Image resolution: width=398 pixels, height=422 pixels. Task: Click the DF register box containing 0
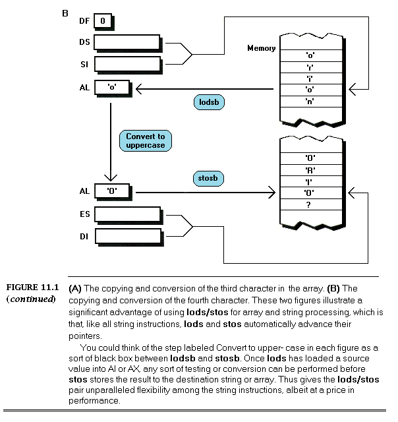tap(103, 21)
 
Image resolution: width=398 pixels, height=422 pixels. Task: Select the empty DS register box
tap(128, 42)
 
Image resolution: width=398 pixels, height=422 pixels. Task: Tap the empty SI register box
tap(128, 65)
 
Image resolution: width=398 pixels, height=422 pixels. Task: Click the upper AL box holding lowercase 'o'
tap(113, 87)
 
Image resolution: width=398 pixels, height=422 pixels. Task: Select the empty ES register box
tap(128, 214)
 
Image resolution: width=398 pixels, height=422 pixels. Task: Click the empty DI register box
tap(128, 235)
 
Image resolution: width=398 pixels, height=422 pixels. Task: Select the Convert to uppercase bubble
tap(146, 140)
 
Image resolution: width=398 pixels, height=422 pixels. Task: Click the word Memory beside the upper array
tap(261, 48)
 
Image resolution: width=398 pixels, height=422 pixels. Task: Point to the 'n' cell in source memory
tap(309, 101)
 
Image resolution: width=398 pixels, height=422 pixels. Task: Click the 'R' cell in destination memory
tap(309, 170)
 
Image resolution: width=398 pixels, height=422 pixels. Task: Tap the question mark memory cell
tap(309, 204)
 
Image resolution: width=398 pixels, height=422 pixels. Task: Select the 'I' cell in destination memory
tap(309, 181)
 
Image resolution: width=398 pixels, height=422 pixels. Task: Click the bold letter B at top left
tap(65, 12)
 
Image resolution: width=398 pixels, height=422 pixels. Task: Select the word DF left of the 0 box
tap(84, 22)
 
